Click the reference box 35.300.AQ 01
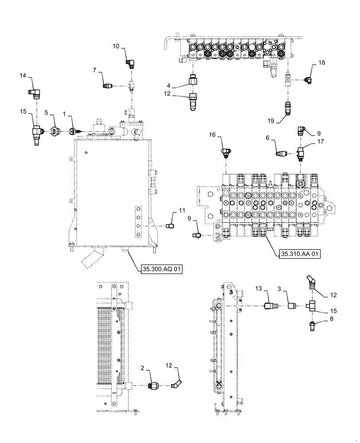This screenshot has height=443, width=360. [162, 269]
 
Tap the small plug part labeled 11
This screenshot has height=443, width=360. [169, 226]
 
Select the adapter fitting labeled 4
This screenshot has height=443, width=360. [192, 81]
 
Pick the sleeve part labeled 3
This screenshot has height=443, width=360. [291, 306]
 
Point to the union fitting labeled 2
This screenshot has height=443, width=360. [154, 386]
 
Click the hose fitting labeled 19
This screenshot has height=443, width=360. [287, 108]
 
